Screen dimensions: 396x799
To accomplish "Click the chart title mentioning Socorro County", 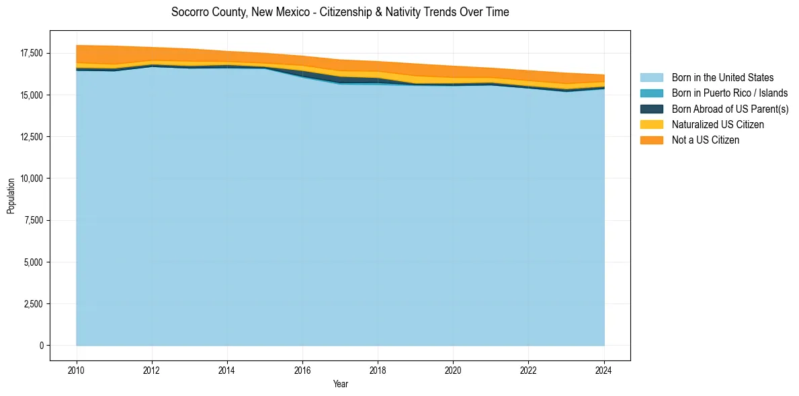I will tap(340, 12).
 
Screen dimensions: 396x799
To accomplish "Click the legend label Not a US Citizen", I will tap(706, 140).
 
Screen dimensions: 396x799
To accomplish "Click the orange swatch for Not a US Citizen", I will tap(651, 140).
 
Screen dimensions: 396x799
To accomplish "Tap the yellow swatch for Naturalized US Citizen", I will tap(651, 125).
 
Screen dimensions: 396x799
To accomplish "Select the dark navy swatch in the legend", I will tap(651, 109).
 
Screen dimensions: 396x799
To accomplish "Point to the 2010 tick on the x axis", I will tap(77, 369).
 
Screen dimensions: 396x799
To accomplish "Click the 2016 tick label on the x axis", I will tap(303, 369).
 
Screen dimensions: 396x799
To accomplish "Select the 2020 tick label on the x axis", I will tap(454, 369).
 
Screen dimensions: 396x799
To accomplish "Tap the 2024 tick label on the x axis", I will tap(604, 369).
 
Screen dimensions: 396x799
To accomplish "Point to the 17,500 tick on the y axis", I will tap(31, 54).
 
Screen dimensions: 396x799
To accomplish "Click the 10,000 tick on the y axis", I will tap(31, 179).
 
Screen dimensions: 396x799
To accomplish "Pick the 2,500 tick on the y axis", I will tap(33, 304).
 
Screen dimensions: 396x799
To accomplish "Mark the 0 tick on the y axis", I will tap(41, 346).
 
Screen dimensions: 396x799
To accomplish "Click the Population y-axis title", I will tap(11, 196).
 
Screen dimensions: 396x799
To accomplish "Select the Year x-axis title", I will tap(340, 384).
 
